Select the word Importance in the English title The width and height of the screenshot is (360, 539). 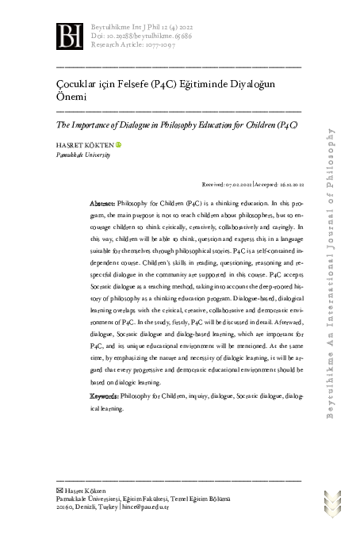[x=94, y=125]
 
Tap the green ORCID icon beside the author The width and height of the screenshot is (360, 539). [x=119, y=145]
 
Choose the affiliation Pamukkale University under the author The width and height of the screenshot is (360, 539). [x=82, y=155]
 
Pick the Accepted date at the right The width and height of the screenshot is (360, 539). [x=277, y=182]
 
